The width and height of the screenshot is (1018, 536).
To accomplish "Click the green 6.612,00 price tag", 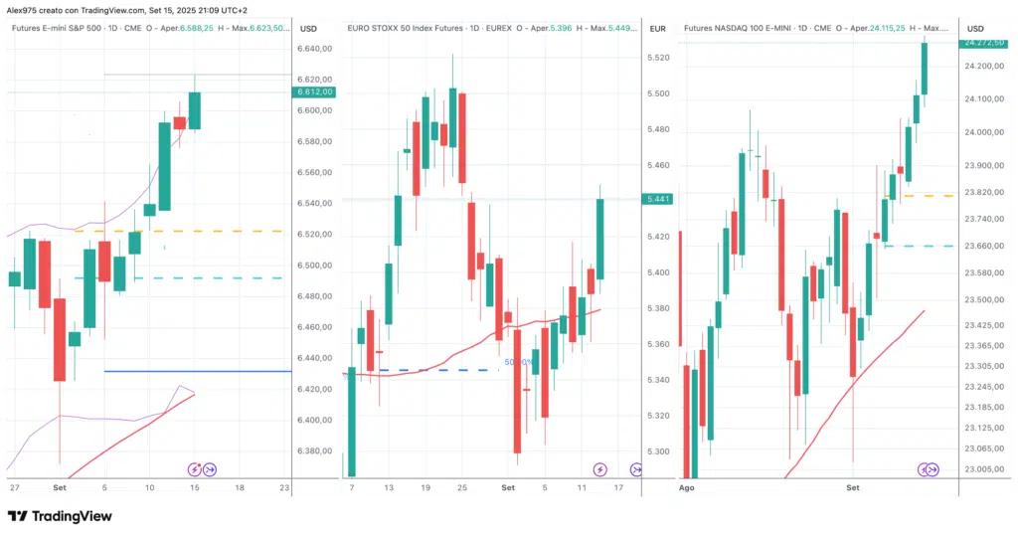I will click(315, 92).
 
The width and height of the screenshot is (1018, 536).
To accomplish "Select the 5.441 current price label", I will click(657, 199).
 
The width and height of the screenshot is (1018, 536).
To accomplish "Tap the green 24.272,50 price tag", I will click(983, 43).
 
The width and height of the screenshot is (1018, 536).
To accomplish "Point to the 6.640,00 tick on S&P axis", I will click(315, 49).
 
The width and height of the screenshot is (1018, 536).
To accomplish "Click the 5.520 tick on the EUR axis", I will click(657, 59).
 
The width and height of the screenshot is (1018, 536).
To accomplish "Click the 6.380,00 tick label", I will click(315, 451).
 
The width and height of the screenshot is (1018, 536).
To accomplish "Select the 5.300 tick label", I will click(657, 451).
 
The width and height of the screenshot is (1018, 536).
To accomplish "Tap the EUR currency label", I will click(657, 29).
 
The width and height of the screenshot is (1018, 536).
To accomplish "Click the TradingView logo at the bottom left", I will click(60, 516).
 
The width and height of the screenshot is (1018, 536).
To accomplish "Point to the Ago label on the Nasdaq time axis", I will click(686, 489).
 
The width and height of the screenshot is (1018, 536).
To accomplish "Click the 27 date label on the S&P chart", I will click(14, 489).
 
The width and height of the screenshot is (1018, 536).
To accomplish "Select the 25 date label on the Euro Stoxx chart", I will click(462, 489).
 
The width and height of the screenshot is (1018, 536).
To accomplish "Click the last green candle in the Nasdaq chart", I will click(924, 68).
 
